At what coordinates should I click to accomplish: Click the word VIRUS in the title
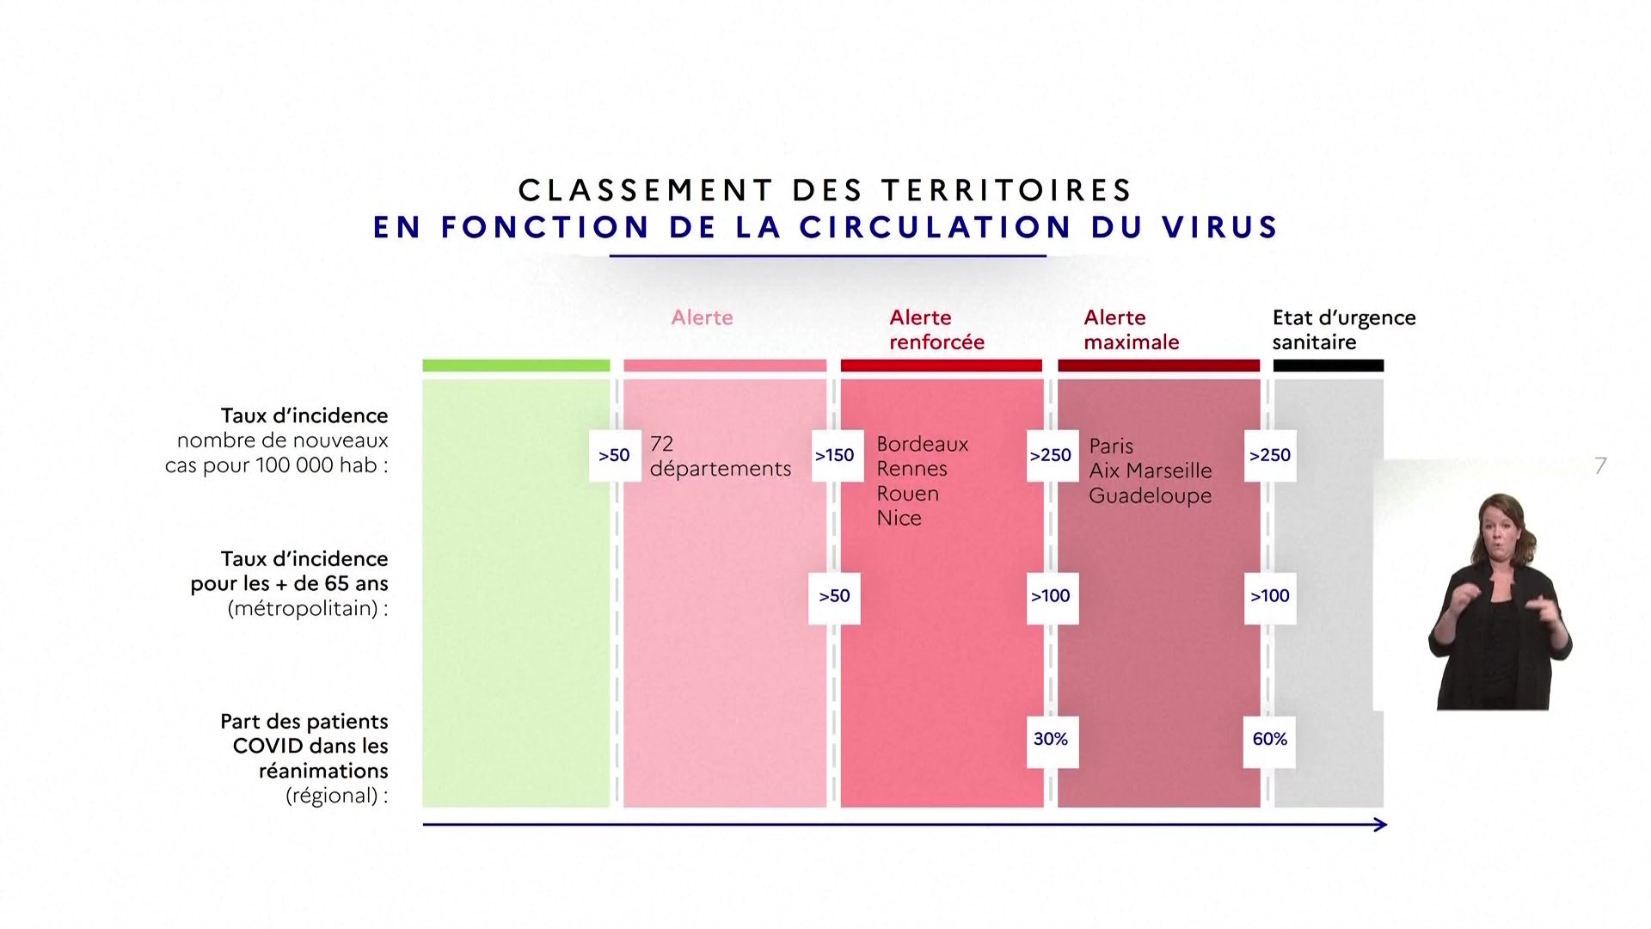pyautogui.click(x=1220, y=227)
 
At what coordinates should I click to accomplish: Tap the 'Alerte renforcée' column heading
pyautogui.click(x=936, y=329)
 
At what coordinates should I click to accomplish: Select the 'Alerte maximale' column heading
pyautogui.click(x=1131, y=329)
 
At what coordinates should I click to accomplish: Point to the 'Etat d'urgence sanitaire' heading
pyautogui.click(x=1344, y=329)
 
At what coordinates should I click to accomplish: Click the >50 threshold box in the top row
pyautogui.click(x=614, y=455)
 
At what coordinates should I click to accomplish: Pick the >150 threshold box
pyautogui.click(x=834, y=455)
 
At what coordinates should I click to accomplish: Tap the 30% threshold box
pyautogui.click(x=1051, y=739)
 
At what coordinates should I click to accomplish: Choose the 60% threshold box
pyautogui.click(x=1269, y=739)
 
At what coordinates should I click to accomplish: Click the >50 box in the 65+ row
pyautogui.click(x=834, y=596)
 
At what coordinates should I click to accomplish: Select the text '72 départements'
pyautogui.click(x=720, y=456)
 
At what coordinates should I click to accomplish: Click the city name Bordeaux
pyautogui.click(x=922, y=444)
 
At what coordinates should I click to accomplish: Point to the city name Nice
pyautogui.click(x=899, y=518)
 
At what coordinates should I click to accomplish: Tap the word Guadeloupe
pyautogui.click(x=1150, y=496)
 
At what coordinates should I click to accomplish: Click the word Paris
pyautogui.click(x=1111, y=446)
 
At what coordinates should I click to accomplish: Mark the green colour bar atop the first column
pyautogui.click(x=516, y=366)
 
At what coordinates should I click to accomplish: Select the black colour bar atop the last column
pyautogui.click(x=1328, y=366)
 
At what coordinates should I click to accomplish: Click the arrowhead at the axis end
pyautogui.click(x=1380, y=825)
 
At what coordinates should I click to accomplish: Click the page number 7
pyautogui.click(x=1600, y=465)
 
